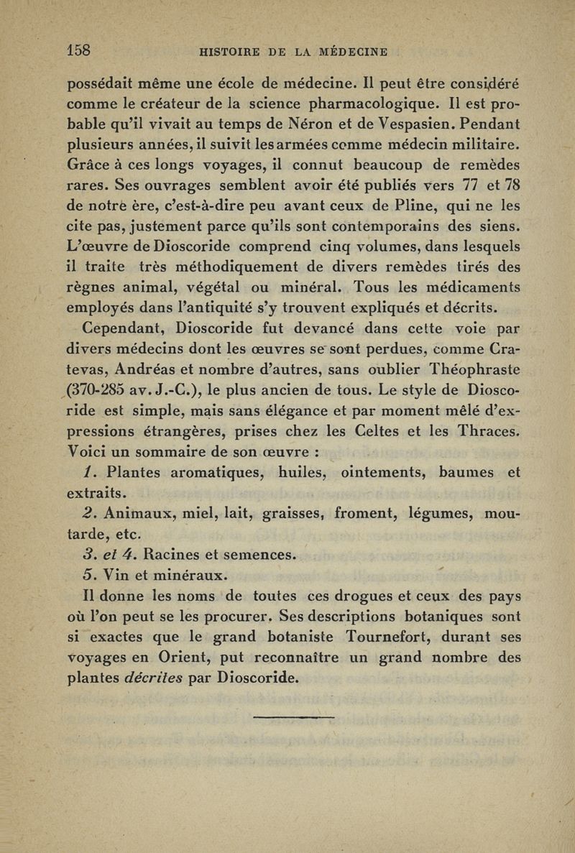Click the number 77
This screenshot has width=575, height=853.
(x=472, y=185)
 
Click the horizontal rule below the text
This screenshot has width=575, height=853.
(x=295, y=716)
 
